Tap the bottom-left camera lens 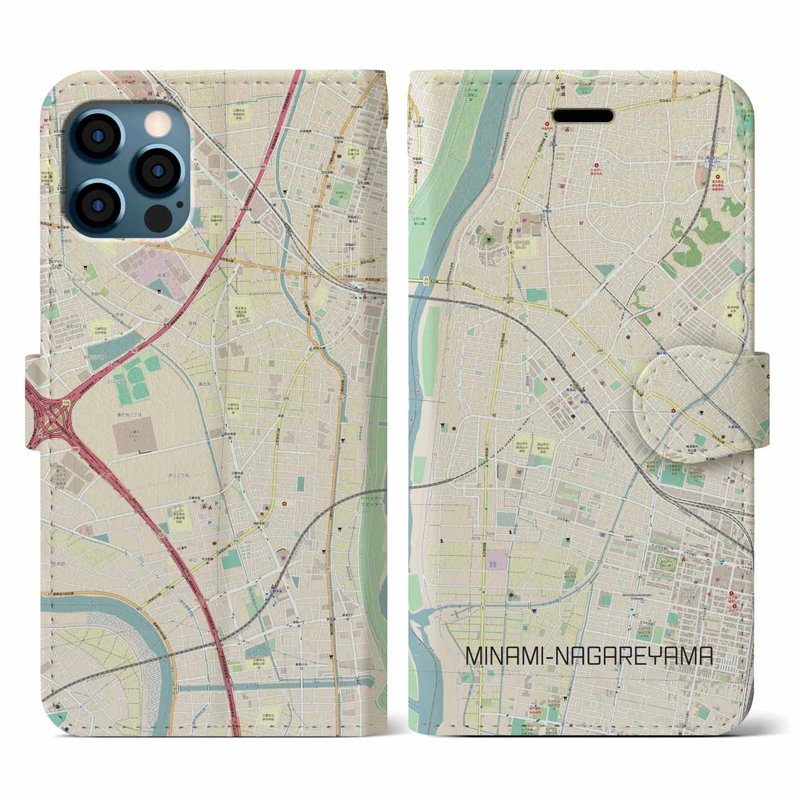(103, 202)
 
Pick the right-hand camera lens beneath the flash (158, 169)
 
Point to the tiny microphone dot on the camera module (179, 204)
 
